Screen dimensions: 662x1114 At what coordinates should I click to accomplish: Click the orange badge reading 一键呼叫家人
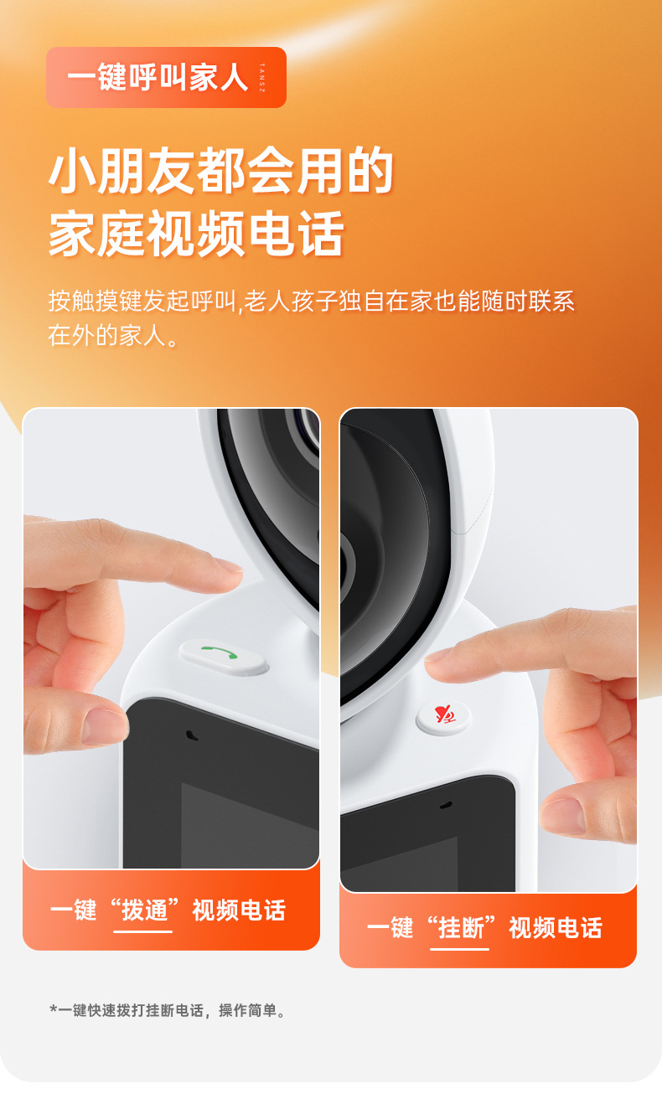click(166, 77)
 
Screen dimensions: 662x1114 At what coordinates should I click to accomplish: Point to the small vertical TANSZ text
click(262, 78)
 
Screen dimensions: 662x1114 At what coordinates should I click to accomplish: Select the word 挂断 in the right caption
click(461, 928)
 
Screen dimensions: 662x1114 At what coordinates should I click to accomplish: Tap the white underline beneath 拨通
click(142, 931)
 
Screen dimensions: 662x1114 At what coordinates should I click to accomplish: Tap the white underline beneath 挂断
click(459, 949)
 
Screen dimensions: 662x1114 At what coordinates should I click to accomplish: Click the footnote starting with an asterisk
click(168, 1010)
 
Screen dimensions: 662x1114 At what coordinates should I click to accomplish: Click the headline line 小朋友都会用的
click(221, 171)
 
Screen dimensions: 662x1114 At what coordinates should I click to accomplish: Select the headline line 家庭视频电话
click(196, 233)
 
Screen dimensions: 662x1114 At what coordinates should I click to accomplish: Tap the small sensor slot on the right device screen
click(446, 804)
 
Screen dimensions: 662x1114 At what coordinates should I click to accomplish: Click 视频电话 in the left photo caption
click(239, 910)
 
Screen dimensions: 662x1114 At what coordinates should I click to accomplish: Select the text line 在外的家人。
click(113, 336)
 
